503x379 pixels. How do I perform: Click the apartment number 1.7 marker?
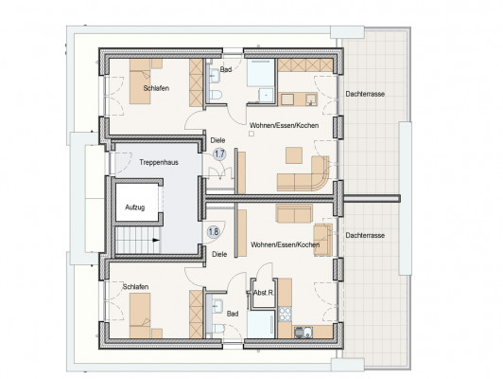219,154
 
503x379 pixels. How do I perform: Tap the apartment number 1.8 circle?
214,231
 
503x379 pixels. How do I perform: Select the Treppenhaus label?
159,162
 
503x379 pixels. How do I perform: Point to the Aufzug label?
134,208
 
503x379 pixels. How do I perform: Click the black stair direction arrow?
156,240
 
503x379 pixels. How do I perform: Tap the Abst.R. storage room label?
264,293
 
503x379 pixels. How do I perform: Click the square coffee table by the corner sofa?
294,155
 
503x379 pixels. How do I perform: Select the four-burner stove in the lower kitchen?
285,314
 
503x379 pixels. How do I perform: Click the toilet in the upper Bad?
216,95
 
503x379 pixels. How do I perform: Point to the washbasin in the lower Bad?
217,306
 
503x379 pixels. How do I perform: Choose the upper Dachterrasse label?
365,94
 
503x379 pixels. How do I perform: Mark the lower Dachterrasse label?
365,235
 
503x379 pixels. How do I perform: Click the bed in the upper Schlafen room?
140,81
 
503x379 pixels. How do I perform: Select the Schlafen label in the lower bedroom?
135,286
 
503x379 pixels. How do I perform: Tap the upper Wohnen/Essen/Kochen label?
285,125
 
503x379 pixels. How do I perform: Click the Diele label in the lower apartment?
219,254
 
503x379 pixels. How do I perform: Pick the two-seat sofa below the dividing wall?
294,213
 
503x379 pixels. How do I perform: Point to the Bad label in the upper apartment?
226,69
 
